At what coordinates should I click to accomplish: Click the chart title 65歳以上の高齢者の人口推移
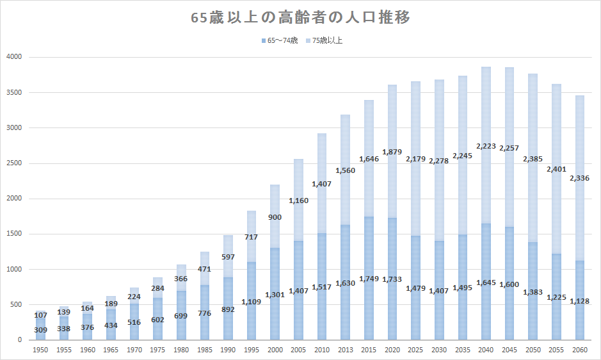coord(300,18)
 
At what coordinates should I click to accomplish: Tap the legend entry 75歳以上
coord(328,40)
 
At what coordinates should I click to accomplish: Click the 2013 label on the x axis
coord(345,350)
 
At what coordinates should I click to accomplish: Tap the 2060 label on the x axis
coord(579,350)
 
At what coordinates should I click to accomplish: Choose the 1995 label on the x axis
coord(252,350)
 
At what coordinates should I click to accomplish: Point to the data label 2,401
coord(556,170)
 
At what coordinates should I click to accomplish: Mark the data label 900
coord(275,217)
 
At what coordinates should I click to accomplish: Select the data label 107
coord(41,315)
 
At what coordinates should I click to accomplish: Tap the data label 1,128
coord(579,300)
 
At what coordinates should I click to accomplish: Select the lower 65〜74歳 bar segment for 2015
coord(369,307)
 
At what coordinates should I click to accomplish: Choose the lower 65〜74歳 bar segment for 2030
coord(439,314)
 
